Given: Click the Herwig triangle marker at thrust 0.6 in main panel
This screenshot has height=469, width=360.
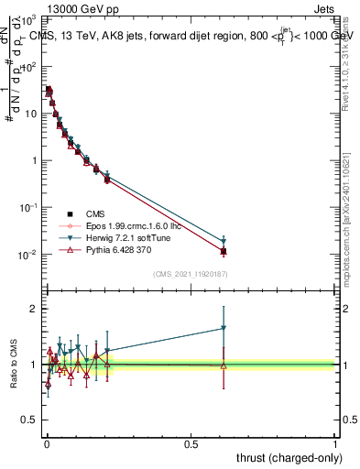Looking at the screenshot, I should click(x=224, y=242).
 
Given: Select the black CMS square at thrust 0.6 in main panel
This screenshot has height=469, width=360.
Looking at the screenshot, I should click(x=224, y=251).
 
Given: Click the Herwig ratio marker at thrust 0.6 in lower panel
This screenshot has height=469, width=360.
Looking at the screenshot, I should click(x=224, y=328).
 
